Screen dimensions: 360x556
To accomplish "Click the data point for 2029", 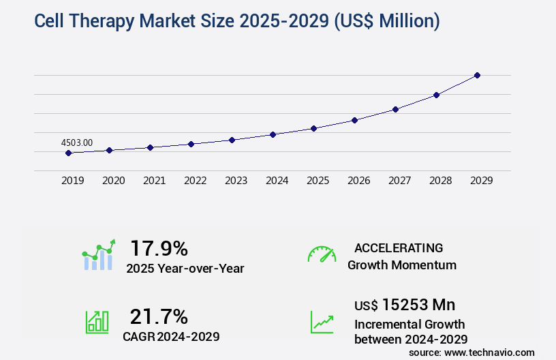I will pyautogui.click(x=477, y=75).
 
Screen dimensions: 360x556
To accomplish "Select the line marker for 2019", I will pyautogui.click(x=68, y=153).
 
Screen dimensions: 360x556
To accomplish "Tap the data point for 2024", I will pyautogui.click(x=273, y=134).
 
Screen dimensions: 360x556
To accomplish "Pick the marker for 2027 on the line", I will pyautogui.click(x=395, y=109).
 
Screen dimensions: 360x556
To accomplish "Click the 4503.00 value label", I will pyautogui.click(x=77, y=142).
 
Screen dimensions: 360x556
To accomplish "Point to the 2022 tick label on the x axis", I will pyautogui.click(x=195, y=181).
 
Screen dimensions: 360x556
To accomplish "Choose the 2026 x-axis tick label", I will pyautogui.click(x=358, y=181).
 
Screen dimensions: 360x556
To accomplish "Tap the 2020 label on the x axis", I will pyautogui.click(x=113, y=181).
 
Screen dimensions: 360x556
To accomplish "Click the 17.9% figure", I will pyautogui.click(x=159, y=247).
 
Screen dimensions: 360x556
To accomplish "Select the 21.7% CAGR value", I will pyautogui.click(x=159, y=316).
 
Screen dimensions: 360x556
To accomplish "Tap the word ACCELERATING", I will pyautogui.click(x=399, y=247).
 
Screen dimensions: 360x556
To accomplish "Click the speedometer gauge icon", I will pyautogui.click(x=322, y=254).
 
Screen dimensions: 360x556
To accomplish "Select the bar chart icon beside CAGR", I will pyautogui.click(x=97, y=321).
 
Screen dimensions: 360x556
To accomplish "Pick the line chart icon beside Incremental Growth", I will pyautogui.click(x=322, y=321).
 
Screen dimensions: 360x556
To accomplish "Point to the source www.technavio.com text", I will pyautogui.click(x=472, y=352).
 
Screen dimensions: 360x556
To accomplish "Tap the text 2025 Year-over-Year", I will pyautogui.click(x=185, y=269).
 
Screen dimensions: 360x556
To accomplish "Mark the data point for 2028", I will pyautogui.click(x=436, y=95).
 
